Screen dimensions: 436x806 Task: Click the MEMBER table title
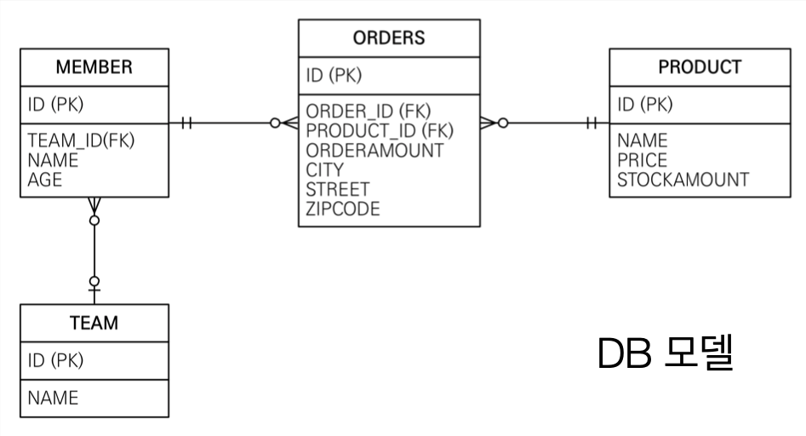pyautogui.click(x=94, y=66)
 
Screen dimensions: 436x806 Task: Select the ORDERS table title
pyautogui.click(x=388, y=37)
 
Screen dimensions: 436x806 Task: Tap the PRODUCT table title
pyautogui.click(x=700, y=66)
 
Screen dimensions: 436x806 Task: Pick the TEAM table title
pyautogui.click(x=94, y=323)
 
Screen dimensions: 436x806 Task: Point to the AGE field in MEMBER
pyautogui.click(x=45, y=180)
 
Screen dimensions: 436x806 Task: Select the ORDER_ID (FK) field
pyautogui.click(x=369, y=112)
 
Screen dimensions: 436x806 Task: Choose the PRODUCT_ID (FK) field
pyautogui.click(x=380, y=130)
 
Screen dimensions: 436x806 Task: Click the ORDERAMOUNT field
pyautogui.click(x=374, y=150)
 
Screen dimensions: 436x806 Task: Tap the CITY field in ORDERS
pyautogui.click(x=325, y=169)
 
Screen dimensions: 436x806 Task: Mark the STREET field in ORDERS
pyautogui.click(x=338, y=189)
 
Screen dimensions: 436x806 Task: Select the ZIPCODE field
pyautogui.click(x=343, y=209)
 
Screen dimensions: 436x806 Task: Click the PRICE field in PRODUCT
pyautogui.click(x=643, y=160)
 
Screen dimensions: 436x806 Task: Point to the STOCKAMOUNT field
pyautogui.click(x=683, y=180)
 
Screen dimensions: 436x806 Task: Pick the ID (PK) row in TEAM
pyautogui.click(x=56, y=360)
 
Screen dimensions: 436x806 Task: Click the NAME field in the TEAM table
pyautogui.click(x=53, y=398)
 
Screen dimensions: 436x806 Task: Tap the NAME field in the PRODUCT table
pyautogui.click(x=643, y=141)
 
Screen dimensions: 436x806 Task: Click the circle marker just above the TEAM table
pyautogui.click(x=94, y=280)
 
